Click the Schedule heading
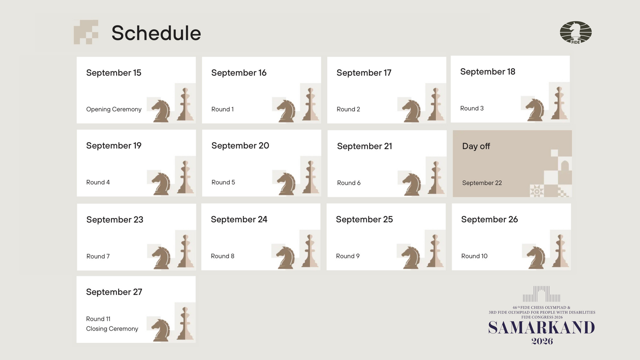click(x=156, y=33)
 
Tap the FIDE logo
click(x=576, y=32)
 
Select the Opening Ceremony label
click(x=114, y=109)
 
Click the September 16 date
click(x=239, y=72)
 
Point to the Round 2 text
click(x=348, y=109)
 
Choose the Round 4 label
click(x=98, y=182)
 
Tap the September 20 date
click(x=240, y=146)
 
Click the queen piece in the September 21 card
click(x=436, y=178)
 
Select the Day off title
click(x=476, y=146)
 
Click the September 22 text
click(x=482, y=183)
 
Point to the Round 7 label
click(x=98, y=256)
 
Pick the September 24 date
click(x=239, y=219)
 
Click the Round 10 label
click(x=474, y=256)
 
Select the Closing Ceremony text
click(x=112, y=328)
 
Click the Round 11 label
click(x=98, y=319)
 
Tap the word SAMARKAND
click(x=542, y=328)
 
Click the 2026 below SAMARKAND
click(x=542, y=341)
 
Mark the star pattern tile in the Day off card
click(x=537, y=191)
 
